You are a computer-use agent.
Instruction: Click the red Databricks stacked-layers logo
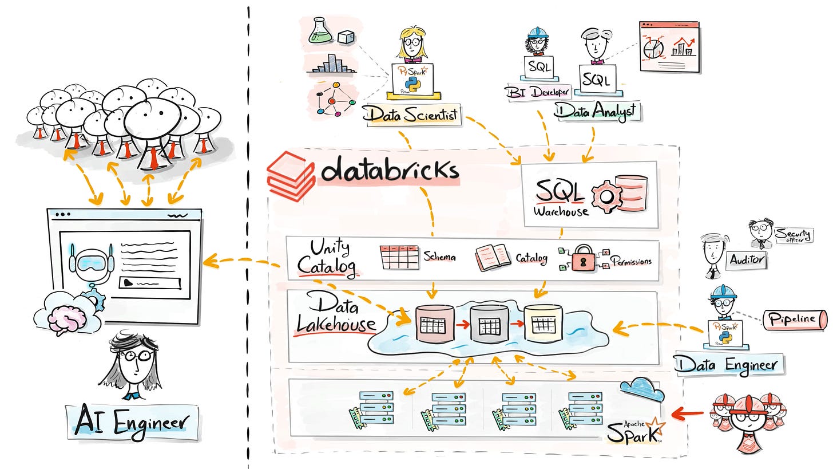(x=291, y=175)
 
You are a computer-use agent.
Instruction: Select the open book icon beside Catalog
(x=492, y=257)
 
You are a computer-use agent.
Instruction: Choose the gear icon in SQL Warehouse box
(x=606, y=196)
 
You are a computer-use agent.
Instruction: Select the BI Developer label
(x=537, y=92)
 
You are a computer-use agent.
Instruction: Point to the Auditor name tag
(x=747, y=259)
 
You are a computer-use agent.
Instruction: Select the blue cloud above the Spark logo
(x=641, y=391)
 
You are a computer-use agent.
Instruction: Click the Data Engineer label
(x=726, y=364)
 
